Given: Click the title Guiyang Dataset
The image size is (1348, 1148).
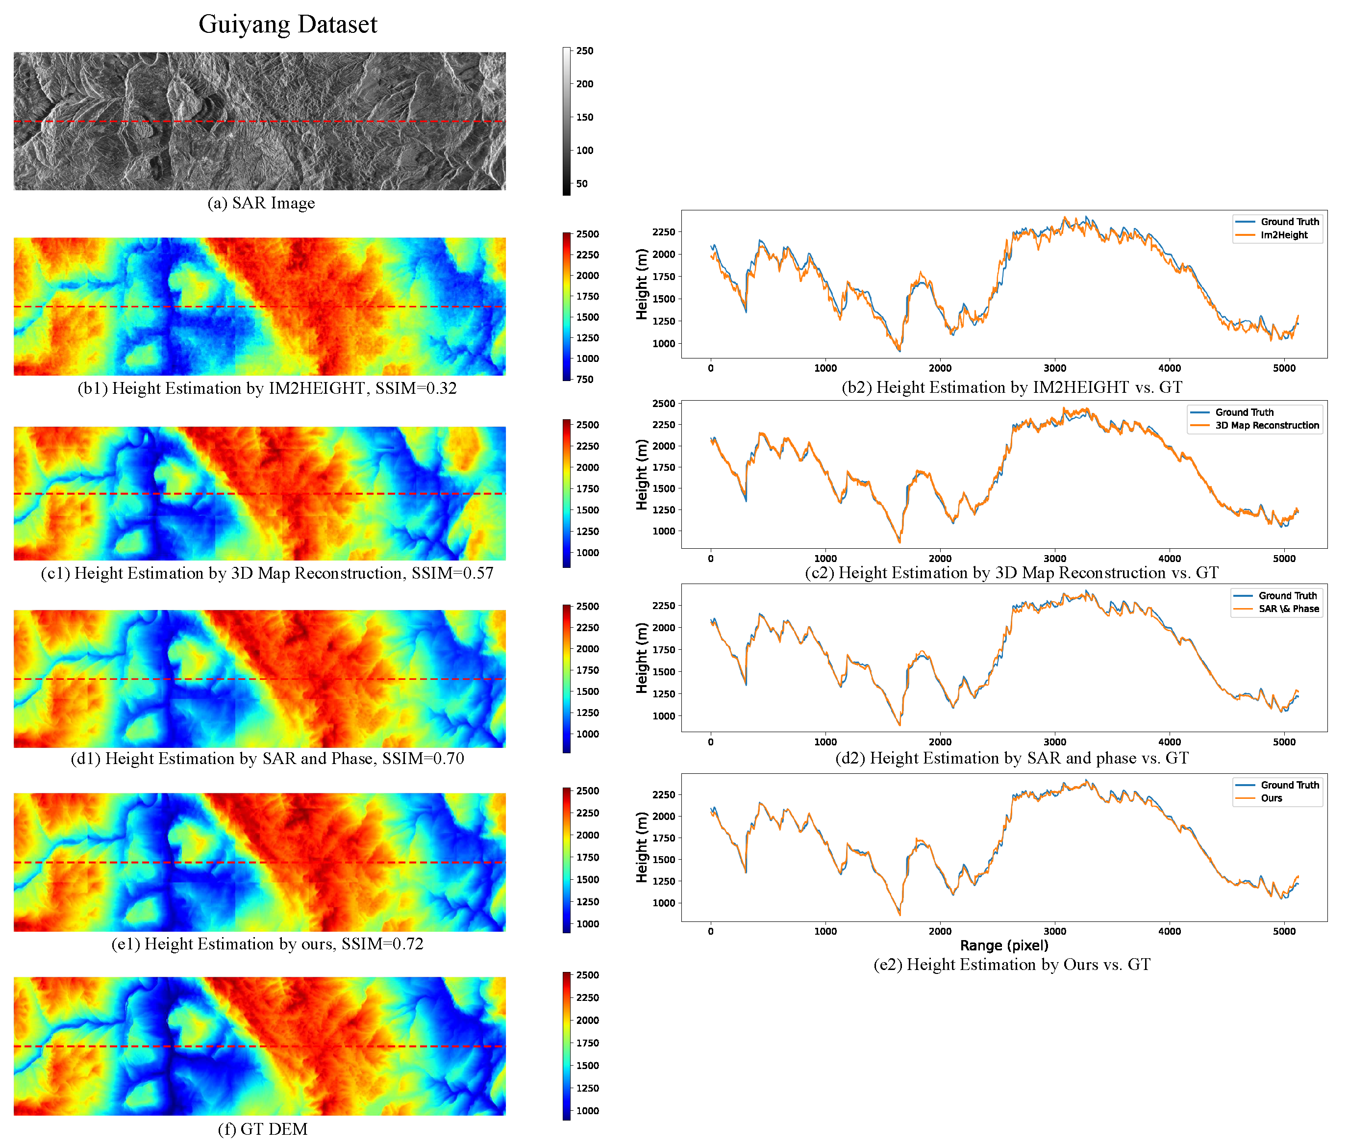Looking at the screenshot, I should coord(288,25).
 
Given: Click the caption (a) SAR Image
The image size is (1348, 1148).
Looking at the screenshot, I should coord(261,203).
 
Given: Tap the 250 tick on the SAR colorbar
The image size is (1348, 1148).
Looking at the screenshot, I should coord(584,51).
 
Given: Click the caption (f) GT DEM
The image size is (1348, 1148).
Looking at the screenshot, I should coord(262,1129).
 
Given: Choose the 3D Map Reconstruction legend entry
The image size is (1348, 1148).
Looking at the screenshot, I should coord(1267,426).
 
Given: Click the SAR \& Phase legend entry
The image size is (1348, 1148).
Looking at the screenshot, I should coord(1288,609).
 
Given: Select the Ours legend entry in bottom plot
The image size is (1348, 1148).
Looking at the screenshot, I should coord(1271,798).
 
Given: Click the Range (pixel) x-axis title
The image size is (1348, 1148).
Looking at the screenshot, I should coord(1004,945).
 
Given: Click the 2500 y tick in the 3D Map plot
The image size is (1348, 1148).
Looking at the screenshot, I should coord(664,404).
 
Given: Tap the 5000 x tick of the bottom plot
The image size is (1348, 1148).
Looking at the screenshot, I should coord(1284,931).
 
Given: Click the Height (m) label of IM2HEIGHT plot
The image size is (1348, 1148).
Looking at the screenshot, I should coord(642,284).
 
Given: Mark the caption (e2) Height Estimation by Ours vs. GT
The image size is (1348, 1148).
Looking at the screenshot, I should coord(1012,965).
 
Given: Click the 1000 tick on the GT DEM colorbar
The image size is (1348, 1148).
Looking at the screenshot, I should coord(587,1111).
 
